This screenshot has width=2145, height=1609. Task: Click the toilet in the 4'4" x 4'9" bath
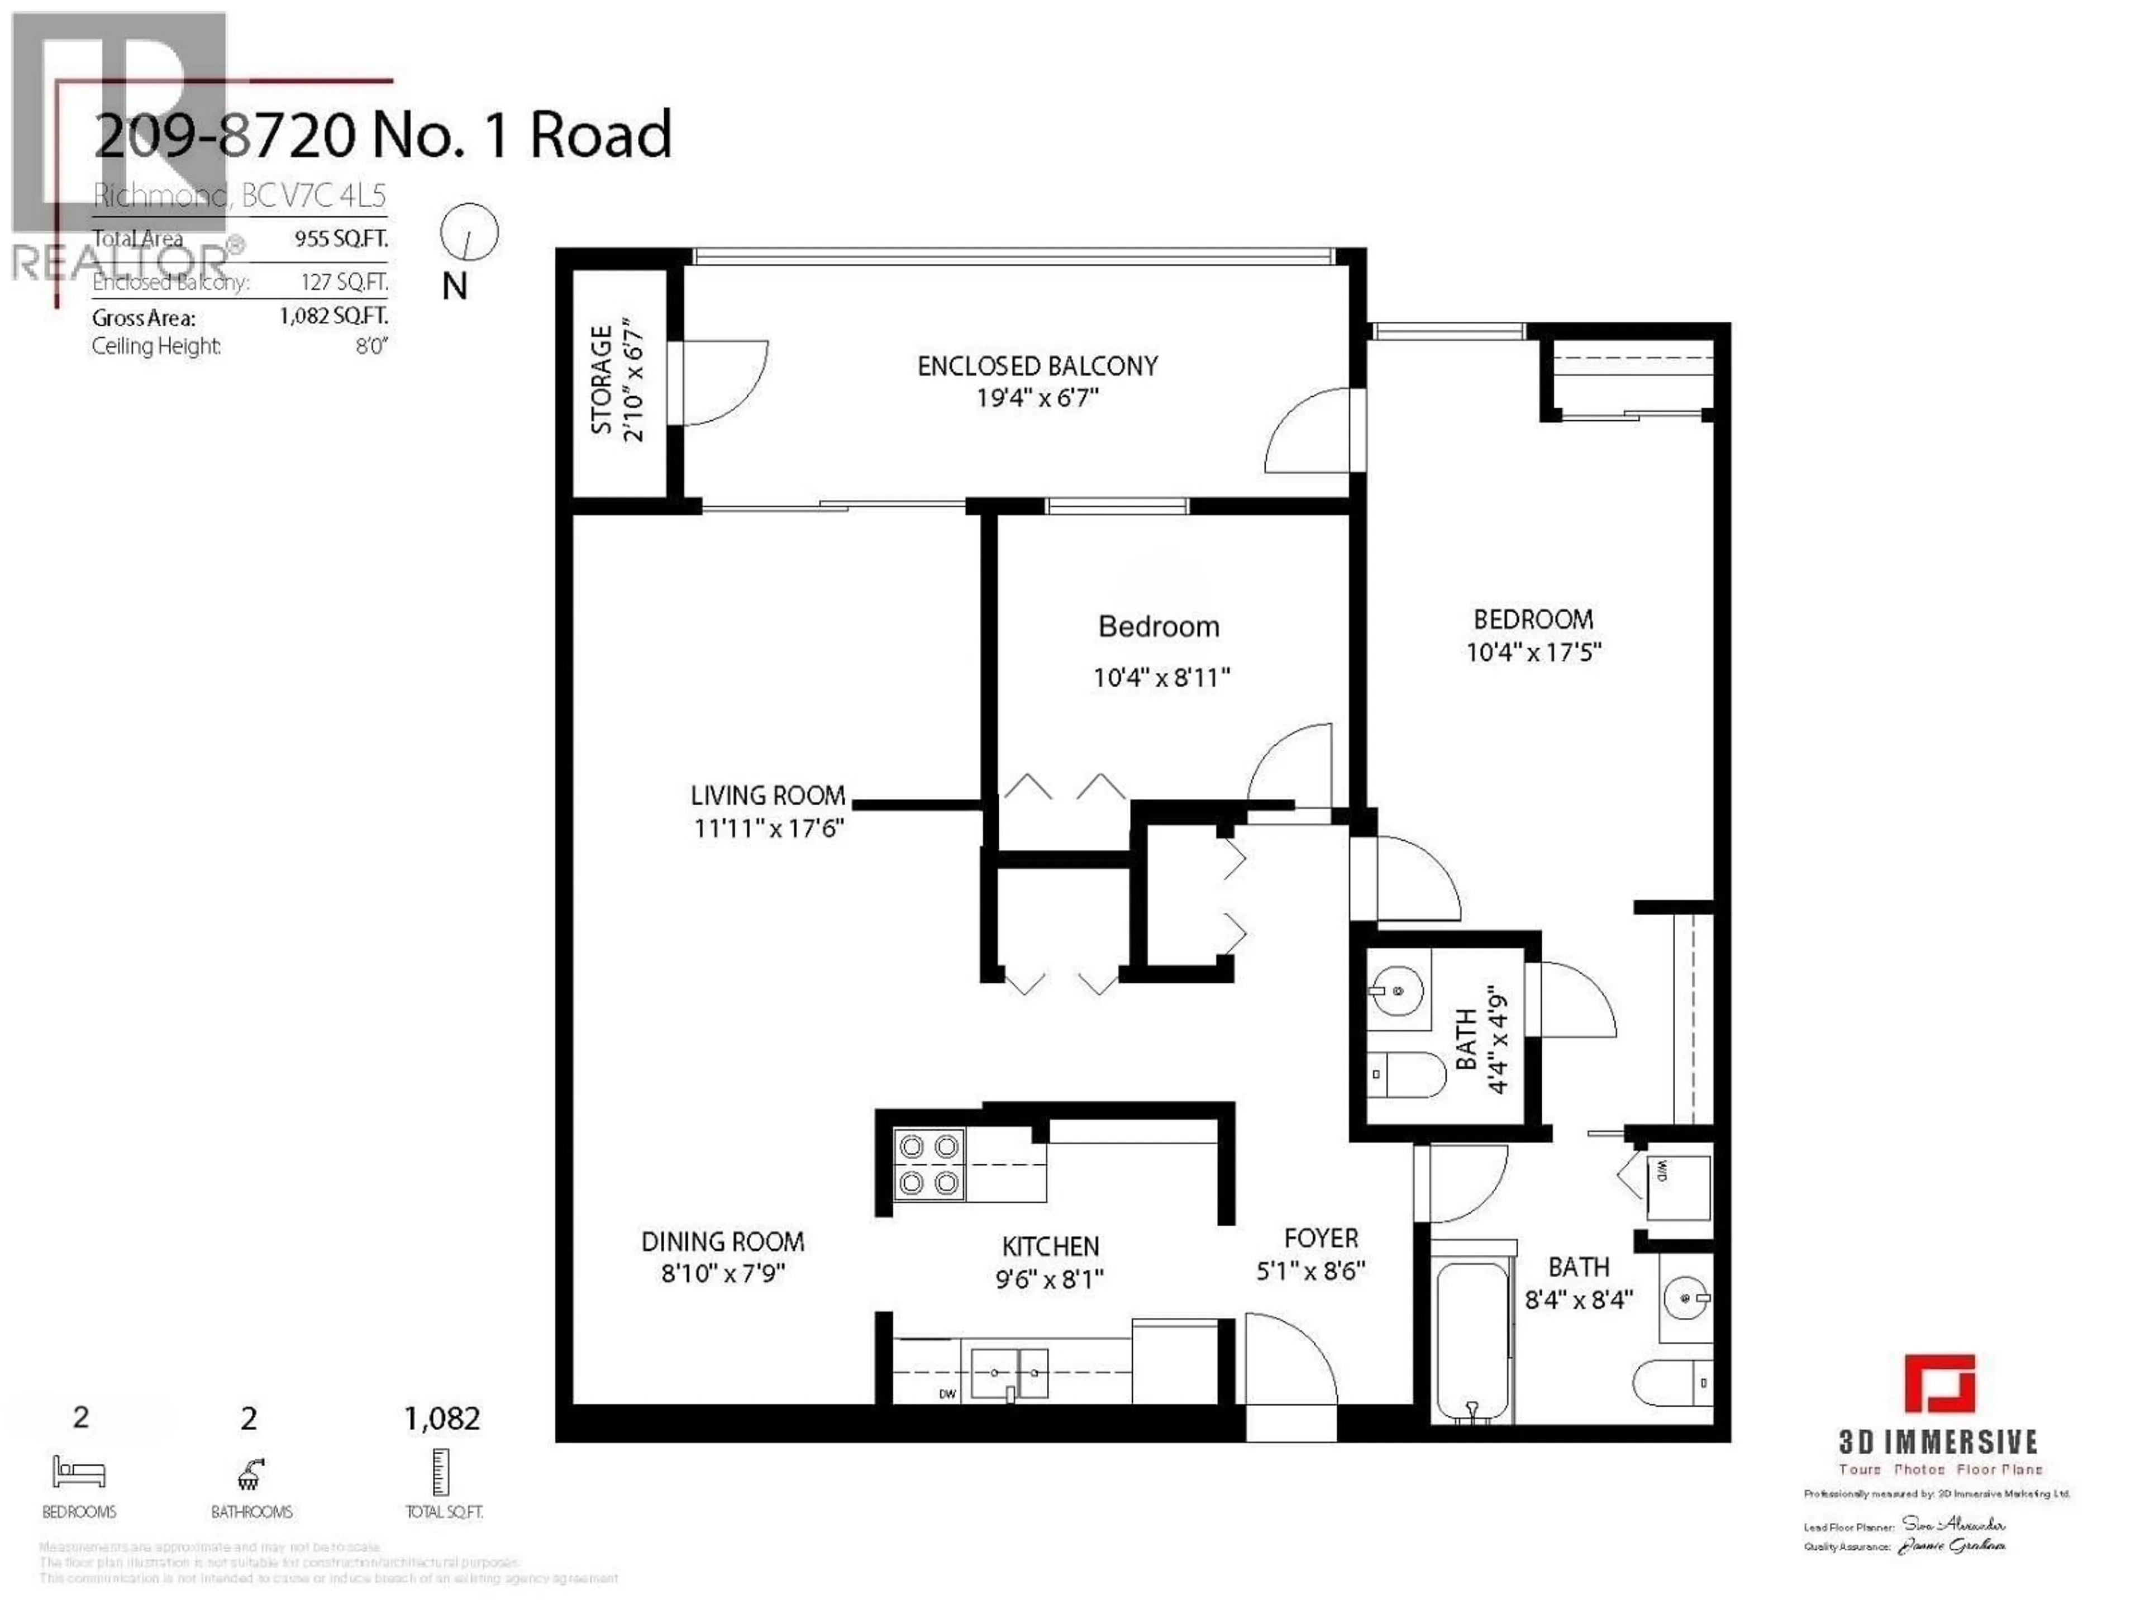[x=1409, y=1074]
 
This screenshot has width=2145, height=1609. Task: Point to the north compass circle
[x=469, y=233]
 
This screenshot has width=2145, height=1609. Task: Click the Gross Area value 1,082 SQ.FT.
[x=333, y=316]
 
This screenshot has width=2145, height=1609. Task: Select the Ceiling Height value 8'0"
[x=371, y=346]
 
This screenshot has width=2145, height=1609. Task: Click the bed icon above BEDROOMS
[x=79, y=1472]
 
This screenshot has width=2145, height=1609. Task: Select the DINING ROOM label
[x=722, y=1241]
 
